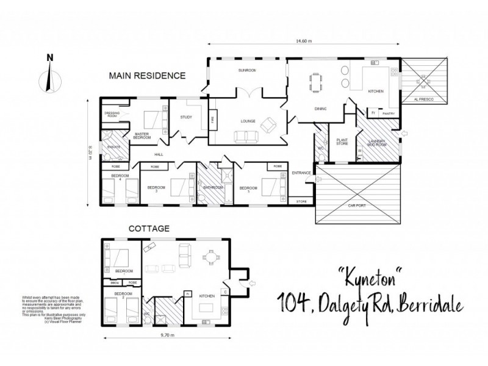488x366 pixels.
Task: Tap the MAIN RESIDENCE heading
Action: coord(146,76)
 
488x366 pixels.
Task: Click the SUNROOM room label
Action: coord(246,71)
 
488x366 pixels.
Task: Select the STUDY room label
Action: coord(186,118)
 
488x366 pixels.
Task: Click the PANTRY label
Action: coord(388,113)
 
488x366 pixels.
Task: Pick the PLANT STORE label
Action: coord(342,142)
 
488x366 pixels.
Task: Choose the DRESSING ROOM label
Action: coord(112,113)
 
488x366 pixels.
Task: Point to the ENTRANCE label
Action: coord(301,173)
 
